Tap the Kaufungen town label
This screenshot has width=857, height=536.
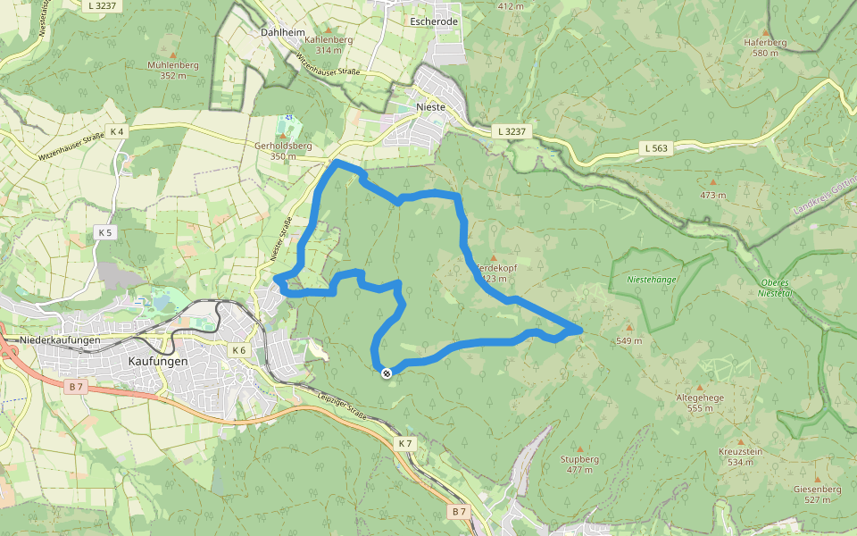click(x=158, y=361)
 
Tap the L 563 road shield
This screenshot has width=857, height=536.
click(x=654, y=148)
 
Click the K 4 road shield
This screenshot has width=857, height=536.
click(x=118, y=132)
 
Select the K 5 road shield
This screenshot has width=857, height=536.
click(x=105, y=232)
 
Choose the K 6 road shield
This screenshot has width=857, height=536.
click(x=238, y=350)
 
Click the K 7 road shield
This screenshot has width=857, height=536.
click(x=405, y=443)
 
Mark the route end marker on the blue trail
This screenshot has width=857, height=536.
click(x=387, y=373)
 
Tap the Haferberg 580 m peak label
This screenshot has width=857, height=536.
click(x=766, y=42)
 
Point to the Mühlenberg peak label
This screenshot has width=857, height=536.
click(x=173, y=65)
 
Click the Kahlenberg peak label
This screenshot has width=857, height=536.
click(x=329, y=40)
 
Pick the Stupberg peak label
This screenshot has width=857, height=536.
click(x=579, y=458)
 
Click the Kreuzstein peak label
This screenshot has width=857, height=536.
click(x=741, y=451)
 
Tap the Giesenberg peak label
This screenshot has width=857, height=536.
click(x=817, y=489)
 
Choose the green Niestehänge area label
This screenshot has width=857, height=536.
click(x=652, y=278)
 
